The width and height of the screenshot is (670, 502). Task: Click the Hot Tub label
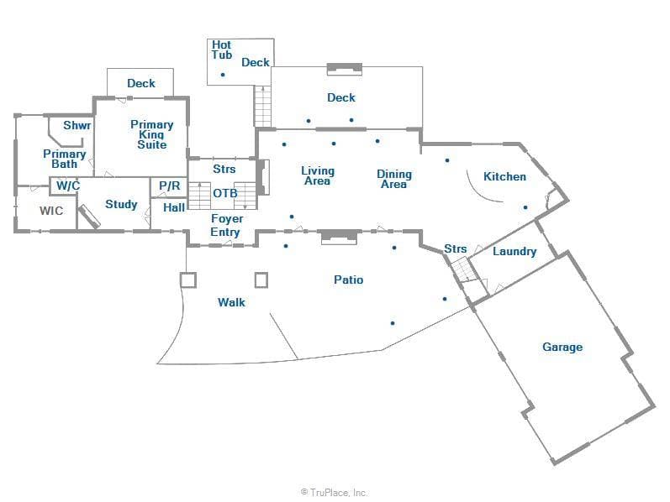(x=222, y=50)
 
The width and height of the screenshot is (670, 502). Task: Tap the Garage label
(x=562, y=347)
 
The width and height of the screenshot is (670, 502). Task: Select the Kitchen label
(x=504, y=176)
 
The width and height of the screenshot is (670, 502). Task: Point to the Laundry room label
(x=514, y=251)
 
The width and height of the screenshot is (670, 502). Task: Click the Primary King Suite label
(x=152, y=134)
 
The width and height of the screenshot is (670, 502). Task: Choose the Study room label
(x=121, y=204)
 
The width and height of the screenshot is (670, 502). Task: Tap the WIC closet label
(x=51, y=211)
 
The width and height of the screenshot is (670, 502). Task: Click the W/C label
(x=68, y=186)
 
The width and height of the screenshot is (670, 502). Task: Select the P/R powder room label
(x=170, y=186)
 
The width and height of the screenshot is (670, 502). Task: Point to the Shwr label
(x=77, y=125)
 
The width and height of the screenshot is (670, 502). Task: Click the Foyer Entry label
(x=225, y=226)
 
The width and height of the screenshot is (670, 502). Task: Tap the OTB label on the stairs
(x=225, y=193)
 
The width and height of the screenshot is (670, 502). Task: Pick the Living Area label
(x=317, y=175)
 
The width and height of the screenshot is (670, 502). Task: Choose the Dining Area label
(x=393, y=179)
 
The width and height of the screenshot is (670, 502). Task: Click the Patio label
(x=349, y=280)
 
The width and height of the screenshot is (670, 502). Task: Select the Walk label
(x=231, y=301)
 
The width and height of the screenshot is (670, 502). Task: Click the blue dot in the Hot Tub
(x=223, y=75)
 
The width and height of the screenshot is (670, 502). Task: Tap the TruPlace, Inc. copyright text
(x=335, y=493)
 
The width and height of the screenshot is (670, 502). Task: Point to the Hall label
(x=175, y=207)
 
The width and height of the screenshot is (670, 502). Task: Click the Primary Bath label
(x=65, y=159)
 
